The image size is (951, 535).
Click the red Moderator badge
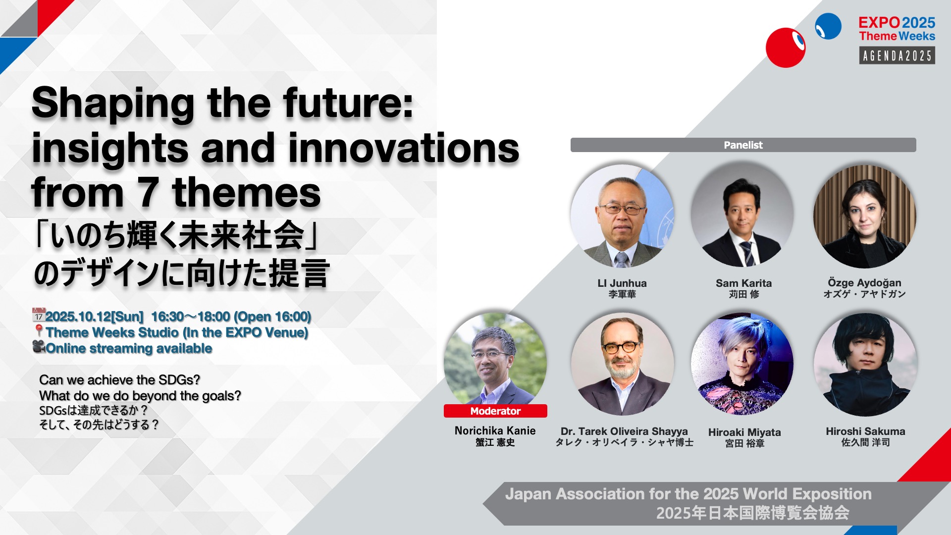click(495, 411)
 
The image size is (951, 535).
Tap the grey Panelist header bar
click(743, 145)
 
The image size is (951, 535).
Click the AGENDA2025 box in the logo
click(897, 55)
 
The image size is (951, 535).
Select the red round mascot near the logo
click(786, 48)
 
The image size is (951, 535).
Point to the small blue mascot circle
click(828, 26)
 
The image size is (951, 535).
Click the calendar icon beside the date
click(39, 315)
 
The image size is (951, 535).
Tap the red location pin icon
click(39, 331)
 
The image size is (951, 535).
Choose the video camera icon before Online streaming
click(39, 347)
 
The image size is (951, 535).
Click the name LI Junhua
click(622, 283)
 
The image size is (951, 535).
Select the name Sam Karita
click(743, 283)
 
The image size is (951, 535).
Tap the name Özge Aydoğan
click(864, 283)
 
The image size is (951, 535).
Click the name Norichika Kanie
click(495, 430)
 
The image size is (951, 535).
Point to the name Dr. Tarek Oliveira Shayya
click(624, 431)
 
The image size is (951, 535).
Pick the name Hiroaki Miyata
click(744, 432)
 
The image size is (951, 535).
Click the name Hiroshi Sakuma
click(865, 431)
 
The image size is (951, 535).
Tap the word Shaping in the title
click(113, 103)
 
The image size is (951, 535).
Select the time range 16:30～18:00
click(191, 316)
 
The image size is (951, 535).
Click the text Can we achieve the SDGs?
click(119, 379)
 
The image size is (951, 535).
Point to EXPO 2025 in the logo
click(897, 22)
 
